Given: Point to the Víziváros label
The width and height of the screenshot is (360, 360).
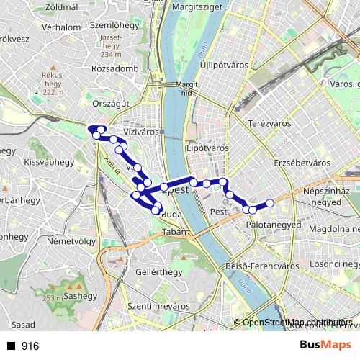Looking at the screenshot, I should pyautogui.click(x=140, y=132).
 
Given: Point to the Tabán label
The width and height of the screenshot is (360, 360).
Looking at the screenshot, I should pyautogui.click(x=175, y=232).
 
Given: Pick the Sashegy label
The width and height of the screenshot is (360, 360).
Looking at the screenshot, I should pyautogui.click(x=80, y=295).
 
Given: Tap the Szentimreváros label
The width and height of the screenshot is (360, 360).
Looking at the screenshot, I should pyautogui.click(x=158, y=306).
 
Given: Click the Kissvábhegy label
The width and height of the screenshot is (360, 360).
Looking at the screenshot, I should pyautogui.click(x=46, y=163).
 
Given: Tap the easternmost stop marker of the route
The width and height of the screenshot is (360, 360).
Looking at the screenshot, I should pyautogui.click(x=270, y=203).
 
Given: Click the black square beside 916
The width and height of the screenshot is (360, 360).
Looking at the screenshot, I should pyautogui.click(x=11, y=346).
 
